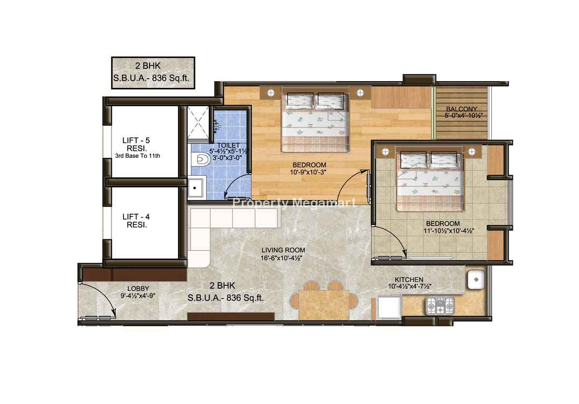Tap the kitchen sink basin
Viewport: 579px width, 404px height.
pos(476,279)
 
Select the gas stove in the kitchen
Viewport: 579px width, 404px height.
pos(440,306)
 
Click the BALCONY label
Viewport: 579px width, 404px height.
pos(461,109)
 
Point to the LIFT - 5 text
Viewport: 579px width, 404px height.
pos(136,140)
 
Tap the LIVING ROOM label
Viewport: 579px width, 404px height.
pos(283,250)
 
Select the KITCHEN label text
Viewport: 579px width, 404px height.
pos(409,279)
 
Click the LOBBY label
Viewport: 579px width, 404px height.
pos(138,289)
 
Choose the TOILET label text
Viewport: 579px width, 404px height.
pos(229,146)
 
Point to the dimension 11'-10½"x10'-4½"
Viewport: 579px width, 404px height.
pos(449,231)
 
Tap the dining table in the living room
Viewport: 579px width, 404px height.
pos(324,305)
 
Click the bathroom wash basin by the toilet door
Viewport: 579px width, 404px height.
pos(196,188)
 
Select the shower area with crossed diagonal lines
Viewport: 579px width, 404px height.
pos(198,122)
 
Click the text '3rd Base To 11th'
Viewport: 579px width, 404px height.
pos(138,156)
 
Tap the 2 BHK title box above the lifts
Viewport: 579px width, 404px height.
pos(153,73)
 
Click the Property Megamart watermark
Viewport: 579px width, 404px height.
pos(294,202)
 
